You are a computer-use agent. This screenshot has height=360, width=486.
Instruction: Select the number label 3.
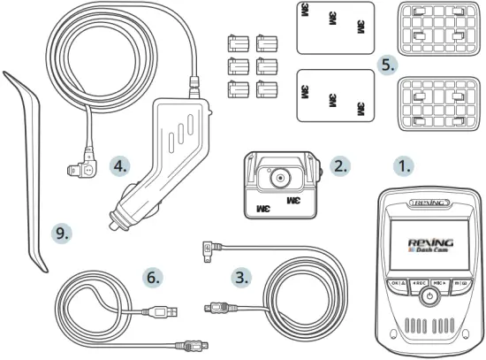coord(240,276)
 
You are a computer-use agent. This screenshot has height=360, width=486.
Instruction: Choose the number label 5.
coord(386,65)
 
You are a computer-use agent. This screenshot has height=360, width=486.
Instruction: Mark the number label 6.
coord(154,277)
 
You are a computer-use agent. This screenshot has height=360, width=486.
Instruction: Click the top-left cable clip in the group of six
coord(236,42)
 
